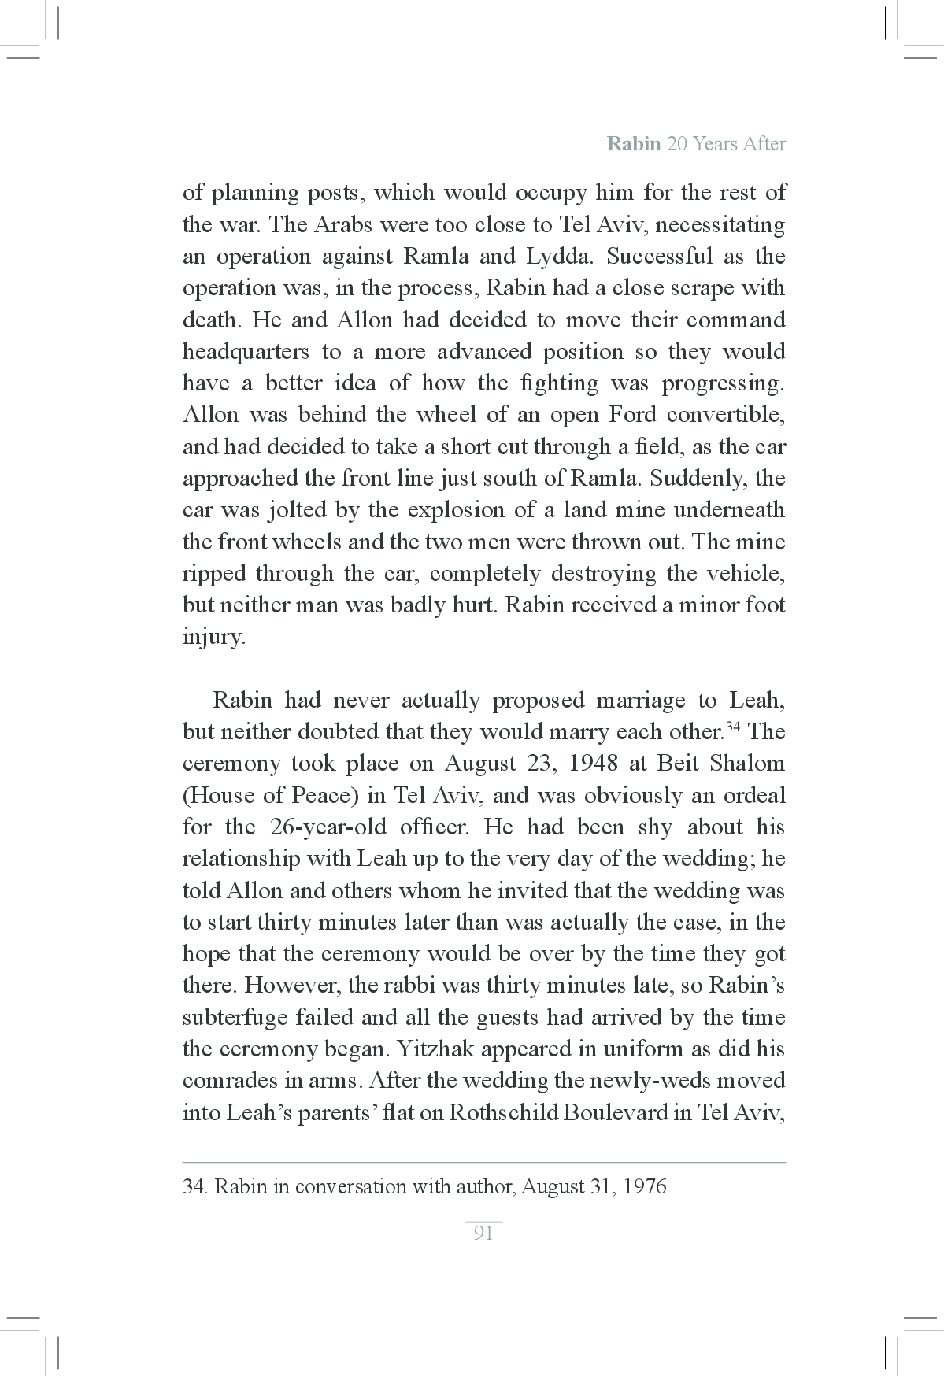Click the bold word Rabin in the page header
point(633,144)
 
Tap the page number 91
point(483,1234)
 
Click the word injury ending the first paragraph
point(213,638)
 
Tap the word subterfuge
point(234,1018)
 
